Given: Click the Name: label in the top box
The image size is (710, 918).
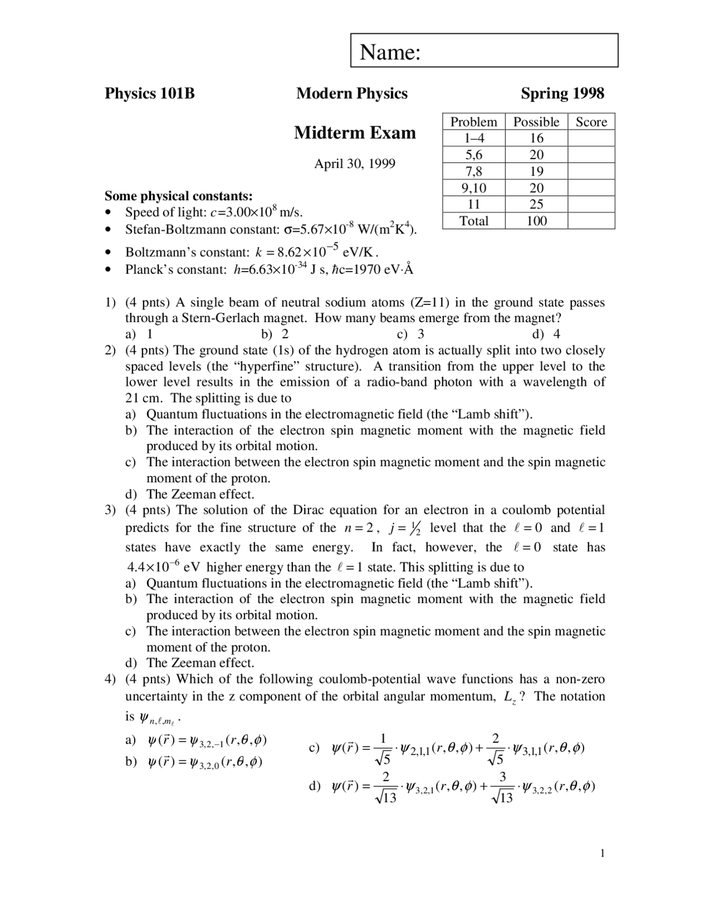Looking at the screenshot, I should coord(390,52).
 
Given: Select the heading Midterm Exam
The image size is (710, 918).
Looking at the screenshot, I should coord(354,133).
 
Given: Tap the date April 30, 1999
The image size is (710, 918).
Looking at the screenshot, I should coord(354,164).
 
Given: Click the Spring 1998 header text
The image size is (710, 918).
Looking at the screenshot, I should coord(562,93).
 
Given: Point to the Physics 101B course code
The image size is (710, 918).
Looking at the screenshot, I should coord(150,93).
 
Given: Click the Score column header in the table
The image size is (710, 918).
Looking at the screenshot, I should coord(591,122).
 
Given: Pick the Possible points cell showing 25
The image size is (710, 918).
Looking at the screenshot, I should coord(536,204).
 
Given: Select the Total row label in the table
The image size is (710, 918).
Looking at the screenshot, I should coord(474,221).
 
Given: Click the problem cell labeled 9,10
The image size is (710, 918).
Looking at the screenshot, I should coord(474,188).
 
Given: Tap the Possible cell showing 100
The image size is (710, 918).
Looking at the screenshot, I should coord(536,221).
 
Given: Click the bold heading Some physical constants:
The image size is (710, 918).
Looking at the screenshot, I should coord(179,196).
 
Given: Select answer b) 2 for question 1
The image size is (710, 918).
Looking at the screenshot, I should coord(275,334).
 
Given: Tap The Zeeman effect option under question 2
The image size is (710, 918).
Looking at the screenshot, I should coord(200,494).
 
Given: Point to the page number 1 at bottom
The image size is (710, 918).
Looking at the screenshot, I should coord(602,853).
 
